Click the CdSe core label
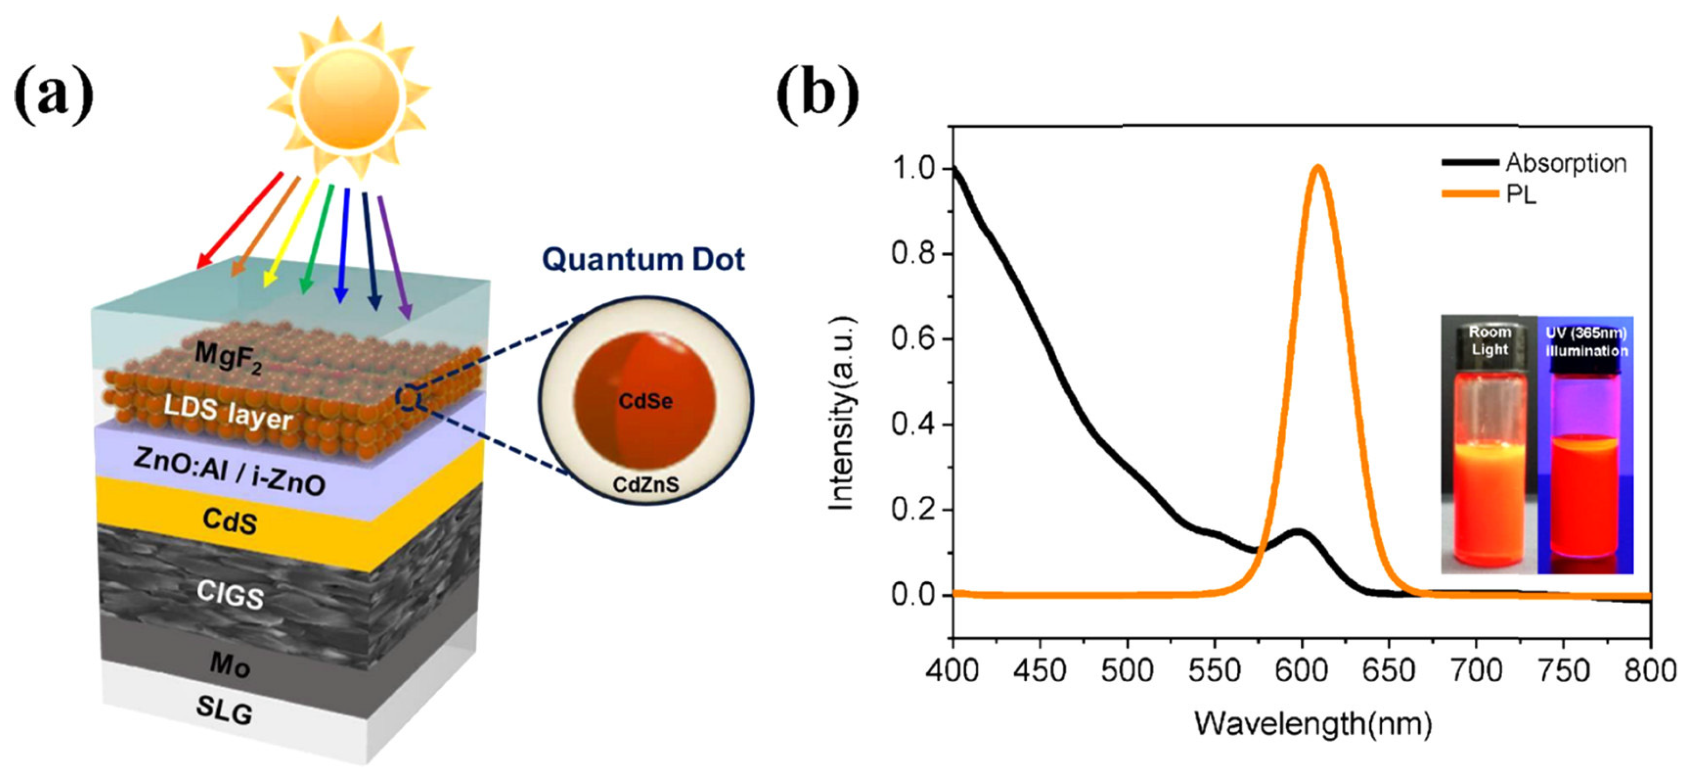tap(645, 401)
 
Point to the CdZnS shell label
tap(645, 485)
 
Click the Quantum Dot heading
tap(643, 259)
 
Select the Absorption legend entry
tap(1565, 163)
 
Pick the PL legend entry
tap(1521, 194)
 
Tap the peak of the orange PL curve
tap(1318, 167)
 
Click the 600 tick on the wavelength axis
tap(1302, 671)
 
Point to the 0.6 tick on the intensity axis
tap(912, 339)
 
